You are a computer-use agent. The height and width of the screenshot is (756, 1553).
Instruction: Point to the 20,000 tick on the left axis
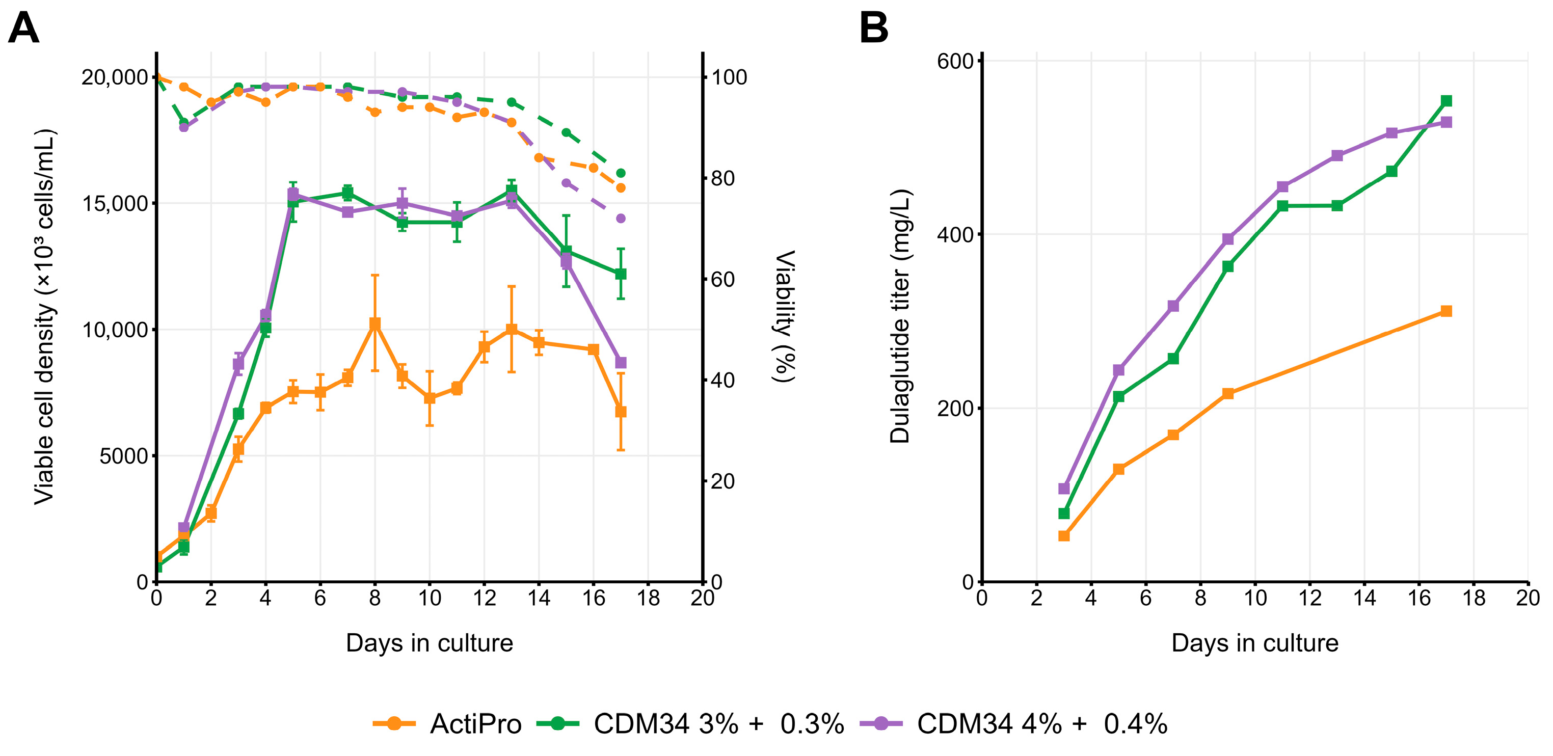pos(115,77)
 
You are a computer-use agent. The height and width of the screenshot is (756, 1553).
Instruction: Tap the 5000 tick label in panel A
pos(124,456)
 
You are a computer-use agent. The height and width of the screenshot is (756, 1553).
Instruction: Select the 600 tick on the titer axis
pos(955,61)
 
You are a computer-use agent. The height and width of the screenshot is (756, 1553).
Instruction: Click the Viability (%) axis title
pos(784,316)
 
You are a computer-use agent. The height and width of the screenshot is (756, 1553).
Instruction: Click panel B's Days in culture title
pos(1254,643)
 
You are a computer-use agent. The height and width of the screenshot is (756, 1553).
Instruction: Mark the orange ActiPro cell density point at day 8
pos(375,323)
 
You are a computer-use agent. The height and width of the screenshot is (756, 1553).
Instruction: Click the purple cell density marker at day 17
pos(621,363)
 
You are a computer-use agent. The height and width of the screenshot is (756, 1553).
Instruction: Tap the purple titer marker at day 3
pos(1064,489)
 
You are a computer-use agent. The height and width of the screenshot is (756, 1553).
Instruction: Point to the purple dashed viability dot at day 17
pos(621,218)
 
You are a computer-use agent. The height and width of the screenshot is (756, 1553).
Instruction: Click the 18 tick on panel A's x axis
pos(648,598)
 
